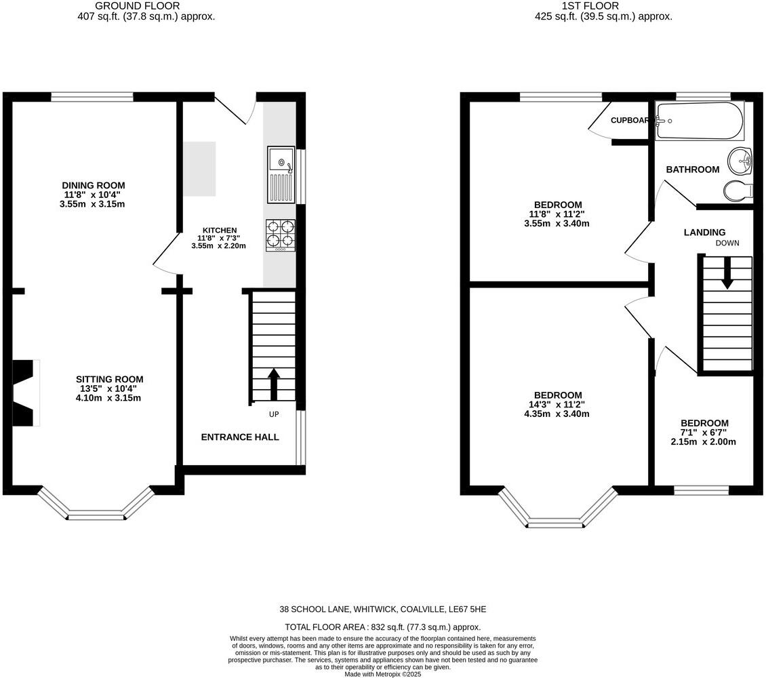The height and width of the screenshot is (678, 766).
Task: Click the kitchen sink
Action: click(281, 174)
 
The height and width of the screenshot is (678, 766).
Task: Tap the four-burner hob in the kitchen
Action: click(281, 235)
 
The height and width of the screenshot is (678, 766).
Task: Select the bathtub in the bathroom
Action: click(700, 121)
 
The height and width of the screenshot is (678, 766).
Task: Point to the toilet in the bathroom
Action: click(738, 190)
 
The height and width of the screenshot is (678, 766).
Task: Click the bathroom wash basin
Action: click(740, 161)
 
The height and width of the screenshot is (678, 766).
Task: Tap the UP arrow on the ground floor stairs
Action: click(274, 384)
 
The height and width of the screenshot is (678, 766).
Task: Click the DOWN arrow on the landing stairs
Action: click(727, 273)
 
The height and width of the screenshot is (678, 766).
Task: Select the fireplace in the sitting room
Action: click(26, 393)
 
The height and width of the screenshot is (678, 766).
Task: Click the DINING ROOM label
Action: click(94, 185)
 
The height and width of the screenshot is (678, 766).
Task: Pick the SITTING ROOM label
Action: click(109, 379)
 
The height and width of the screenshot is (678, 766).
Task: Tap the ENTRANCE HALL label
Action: click(240, 437)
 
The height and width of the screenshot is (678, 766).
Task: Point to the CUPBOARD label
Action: click(630, 120)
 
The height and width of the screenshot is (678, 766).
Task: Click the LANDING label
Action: click(704, 233)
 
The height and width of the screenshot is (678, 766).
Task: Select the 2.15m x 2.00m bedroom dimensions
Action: click(704, 441)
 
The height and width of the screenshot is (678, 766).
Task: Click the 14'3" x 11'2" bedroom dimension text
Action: click(557, 405)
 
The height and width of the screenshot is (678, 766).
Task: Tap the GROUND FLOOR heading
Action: click(138, 6)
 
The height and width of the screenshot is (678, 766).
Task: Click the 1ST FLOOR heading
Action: click(590, 6)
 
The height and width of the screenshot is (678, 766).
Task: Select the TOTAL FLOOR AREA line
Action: click(383, 626)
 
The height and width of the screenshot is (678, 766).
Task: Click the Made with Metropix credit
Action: click(382, 674)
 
